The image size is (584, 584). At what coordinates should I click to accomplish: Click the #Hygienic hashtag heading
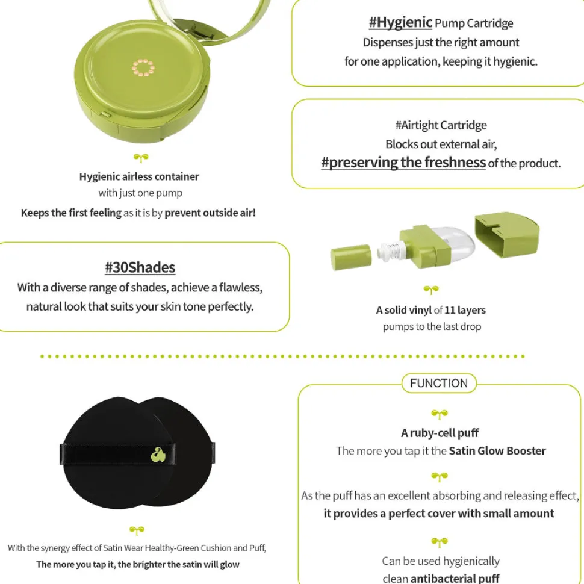point(400,23)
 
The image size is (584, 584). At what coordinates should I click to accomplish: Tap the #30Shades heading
point(140,267)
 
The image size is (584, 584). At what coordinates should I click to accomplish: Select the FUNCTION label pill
point(439,383)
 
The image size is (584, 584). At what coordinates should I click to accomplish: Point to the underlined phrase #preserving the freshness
point(403,163)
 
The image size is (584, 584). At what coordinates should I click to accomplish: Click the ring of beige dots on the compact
point(143,68)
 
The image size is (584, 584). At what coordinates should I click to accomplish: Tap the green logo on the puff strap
point(158,455)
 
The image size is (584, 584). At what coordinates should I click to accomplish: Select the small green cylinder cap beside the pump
point(351,256)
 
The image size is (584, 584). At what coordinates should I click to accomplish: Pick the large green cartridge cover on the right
point(507,234)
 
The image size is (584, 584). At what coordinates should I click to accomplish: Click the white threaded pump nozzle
point(391,250)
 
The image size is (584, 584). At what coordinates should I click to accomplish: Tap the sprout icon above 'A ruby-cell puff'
point(440,414)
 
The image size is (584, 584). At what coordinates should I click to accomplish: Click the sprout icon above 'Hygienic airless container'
point(141,158)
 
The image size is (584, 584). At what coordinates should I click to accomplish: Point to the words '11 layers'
point(465,310)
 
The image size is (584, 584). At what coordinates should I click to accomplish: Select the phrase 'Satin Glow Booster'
point(497,451)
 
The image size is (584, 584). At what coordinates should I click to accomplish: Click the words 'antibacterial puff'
point(455,578)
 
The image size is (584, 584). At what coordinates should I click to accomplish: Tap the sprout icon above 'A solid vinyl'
point(431,290)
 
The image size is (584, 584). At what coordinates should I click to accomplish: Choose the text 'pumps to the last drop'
point(432,327)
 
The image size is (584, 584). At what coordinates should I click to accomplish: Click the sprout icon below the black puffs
point(137,530)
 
